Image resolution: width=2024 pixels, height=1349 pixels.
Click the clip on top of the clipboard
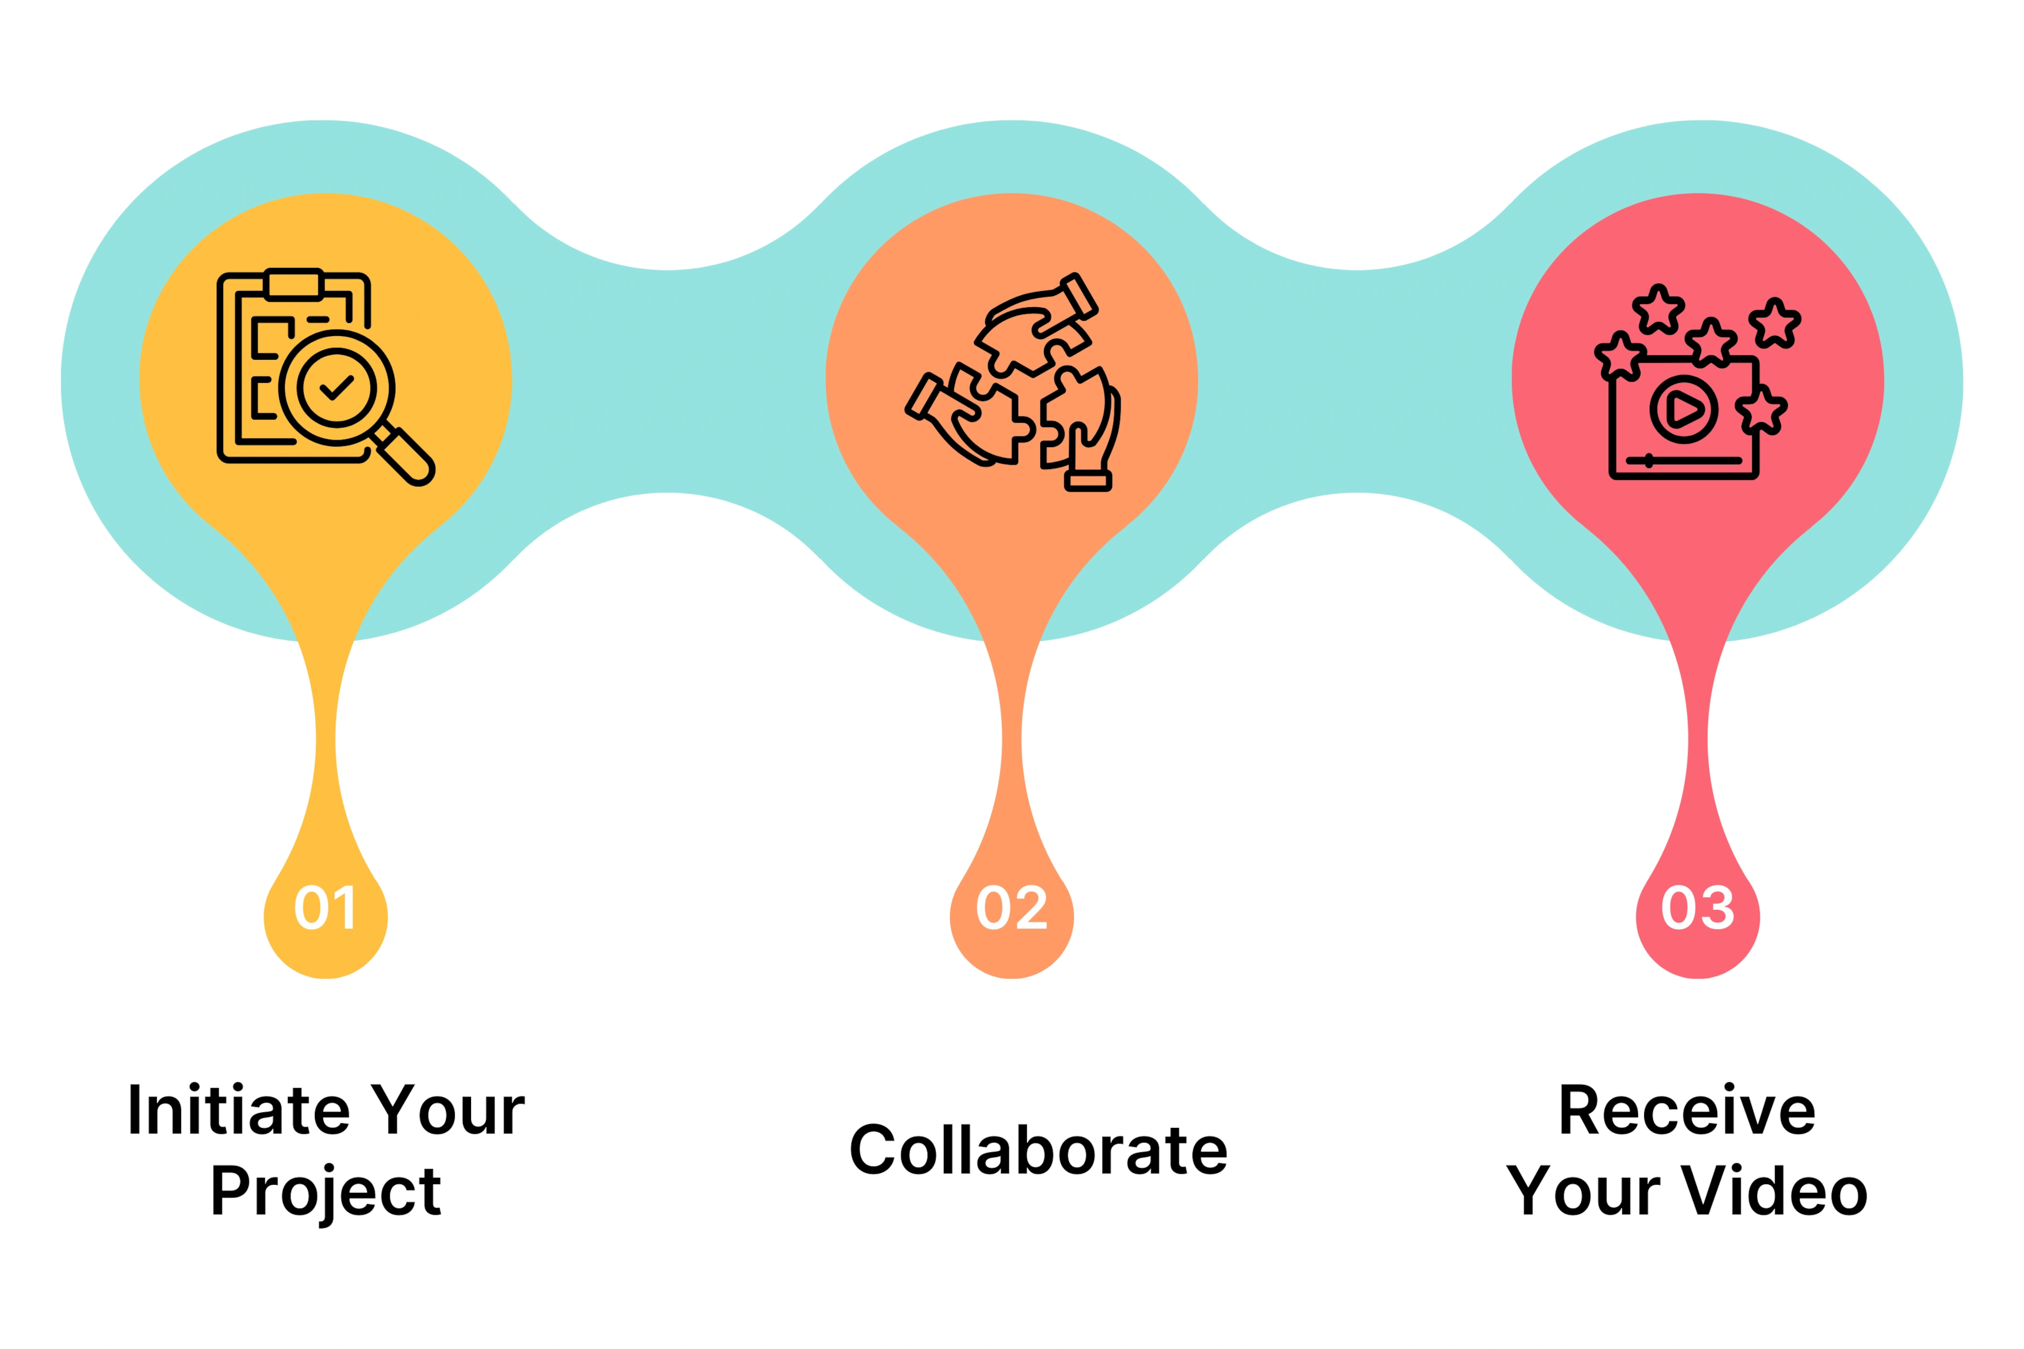pos(294,284)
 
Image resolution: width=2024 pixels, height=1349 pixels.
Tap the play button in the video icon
pos(1684,410)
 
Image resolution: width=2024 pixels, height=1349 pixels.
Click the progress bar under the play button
pos(1683,460)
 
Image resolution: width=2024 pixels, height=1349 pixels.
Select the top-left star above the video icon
pos(1659,310)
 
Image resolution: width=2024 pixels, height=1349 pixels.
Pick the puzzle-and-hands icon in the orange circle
pos(1013,382)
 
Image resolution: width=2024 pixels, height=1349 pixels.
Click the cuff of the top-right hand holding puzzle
pos(1079,296)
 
